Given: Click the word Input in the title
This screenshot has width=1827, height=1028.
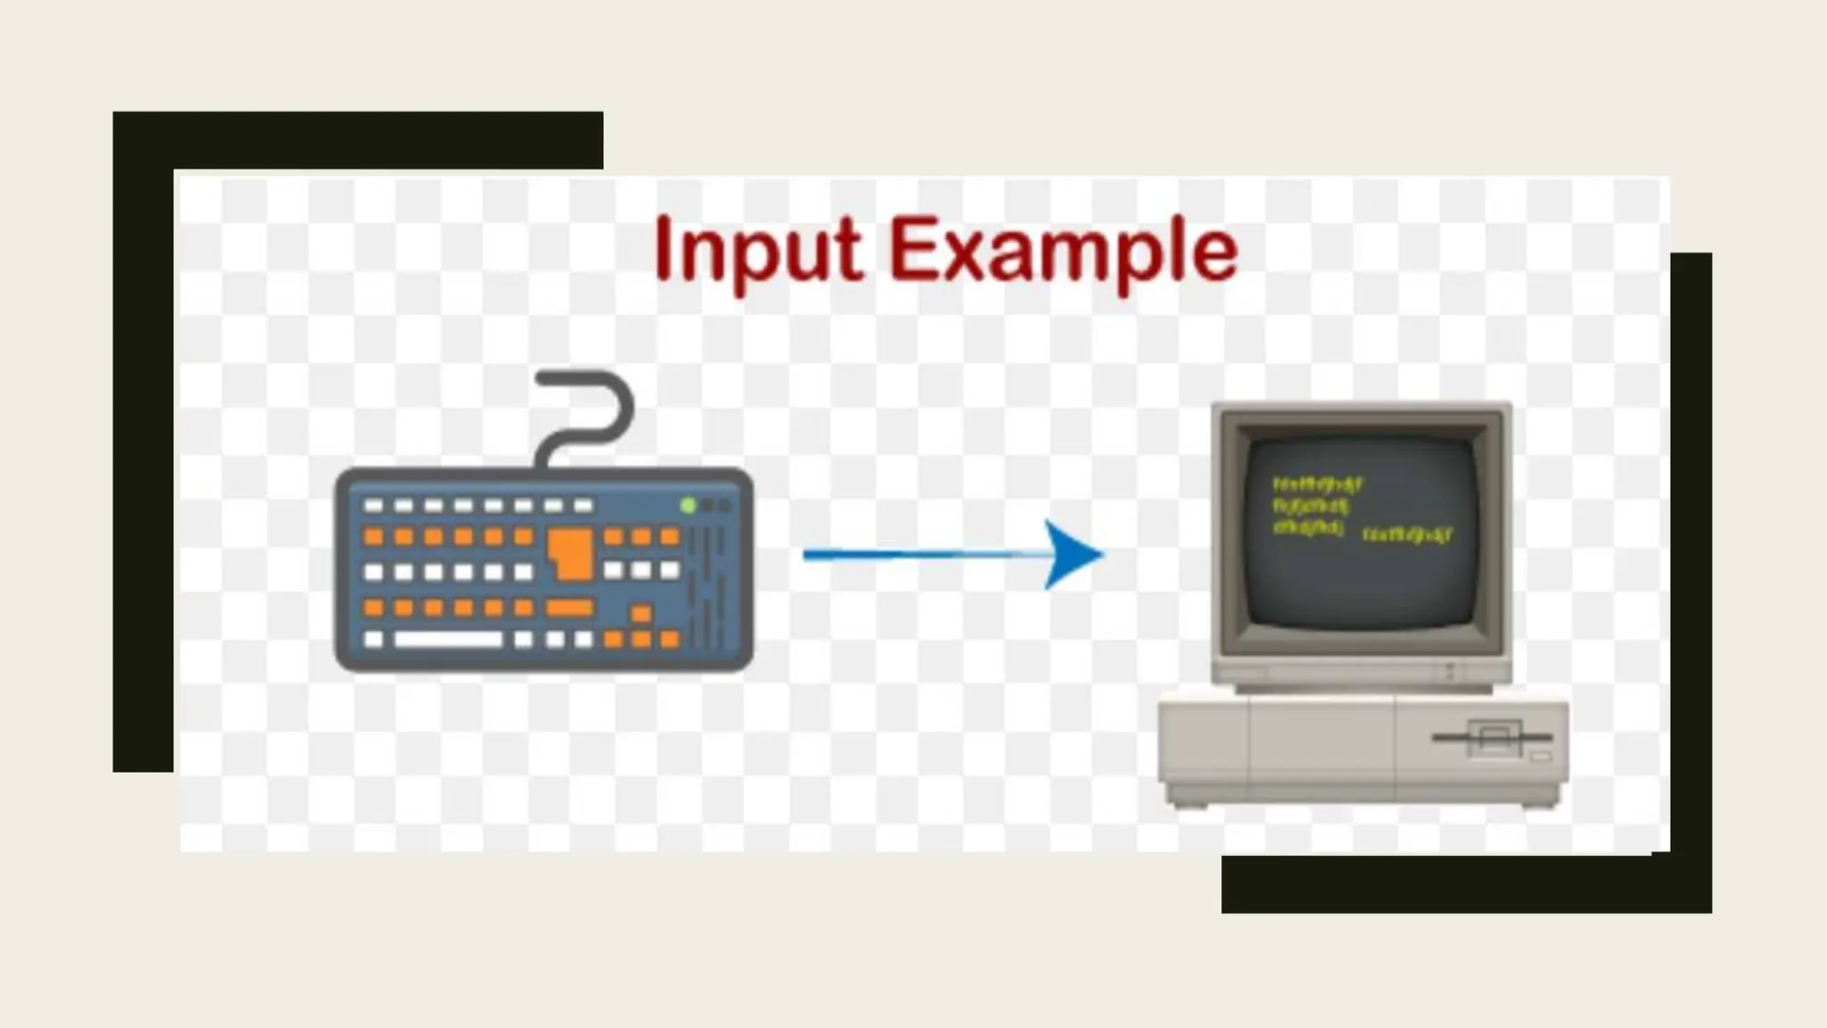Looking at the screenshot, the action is [758, 250].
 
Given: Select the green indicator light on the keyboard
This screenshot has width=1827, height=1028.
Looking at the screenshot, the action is [688, 505].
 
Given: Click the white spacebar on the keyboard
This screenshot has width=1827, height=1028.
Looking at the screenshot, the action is [448, 639].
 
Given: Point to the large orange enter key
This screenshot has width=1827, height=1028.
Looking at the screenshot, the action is [572, 551].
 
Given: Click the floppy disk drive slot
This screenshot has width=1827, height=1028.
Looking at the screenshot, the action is [1492, 738].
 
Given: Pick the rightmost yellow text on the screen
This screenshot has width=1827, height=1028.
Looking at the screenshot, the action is [1408, 535].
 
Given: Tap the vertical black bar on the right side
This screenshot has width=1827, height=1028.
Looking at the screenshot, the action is [1691, 553].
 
